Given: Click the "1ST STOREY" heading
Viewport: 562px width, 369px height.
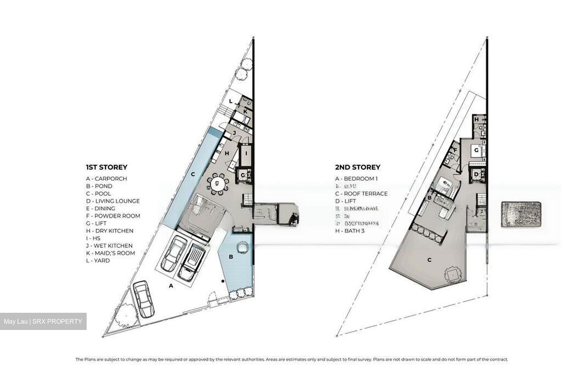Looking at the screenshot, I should [107, 167].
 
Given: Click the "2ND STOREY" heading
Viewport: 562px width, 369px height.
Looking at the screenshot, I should [357, 167].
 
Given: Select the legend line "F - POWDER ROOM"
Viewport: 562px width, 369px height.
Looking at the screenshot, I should [113, 216].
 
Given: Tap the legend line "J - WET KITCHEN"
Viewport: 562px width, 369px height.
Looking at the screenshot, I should [109, 246].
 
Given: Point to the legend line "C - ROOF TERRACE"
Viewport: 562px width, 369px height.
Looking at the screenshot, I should [361, 194].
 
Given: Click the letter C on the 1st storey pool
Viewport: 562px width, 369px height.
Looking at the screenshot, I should [193, 175].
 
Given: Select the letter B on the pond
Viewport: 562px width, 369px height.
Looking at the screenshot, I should [231, 257].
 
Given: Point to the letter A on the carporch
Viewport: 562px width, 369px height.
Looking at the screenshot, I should [171, 286].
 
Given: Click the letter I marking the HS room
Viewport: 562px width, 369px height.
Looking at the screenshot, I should [246, 153].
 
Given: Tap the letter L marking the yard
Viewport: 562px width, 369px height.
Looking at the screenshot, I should [231, 101].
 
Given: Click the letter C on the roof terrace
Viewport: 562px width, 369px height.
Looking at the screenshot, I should [429, 260].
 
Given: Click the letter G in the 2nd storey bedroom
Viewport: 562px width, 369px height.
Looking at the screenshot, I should [477, 150].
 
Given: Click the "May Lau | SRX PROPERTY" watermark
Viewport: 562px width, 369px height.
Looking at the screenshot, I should [43, 321].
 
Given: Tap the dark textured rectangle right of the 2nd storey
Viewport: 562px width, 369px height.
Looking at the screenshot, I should [521, 214].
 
